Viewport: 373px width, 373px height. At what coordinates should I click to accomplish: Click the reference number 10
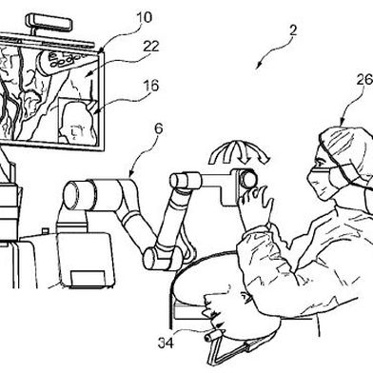pos(145,17)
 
